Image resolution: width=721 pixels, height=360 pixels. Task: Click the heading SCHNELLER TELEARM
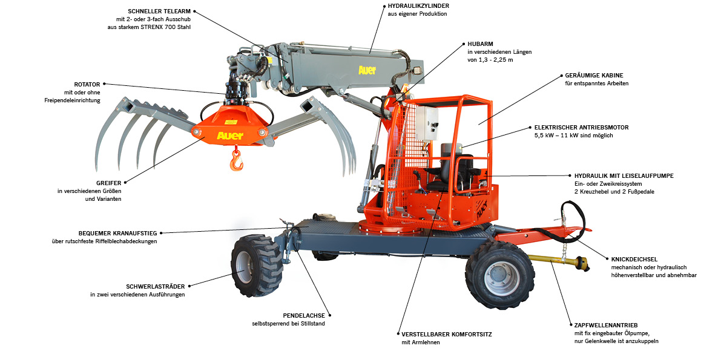[x=160, y=11]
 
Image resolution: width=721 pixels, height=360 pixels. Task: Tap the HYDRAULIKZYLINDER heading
[x=418, y=6]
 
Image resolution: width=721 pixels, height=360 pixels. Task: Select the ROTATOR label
[x=87, y=84]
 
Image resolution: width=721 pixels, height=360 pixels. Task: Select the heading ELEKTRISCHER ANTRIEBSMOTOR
[x=581, y=127]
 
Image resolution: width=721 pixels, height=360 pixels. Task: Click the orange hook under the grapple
[x=236, y=159]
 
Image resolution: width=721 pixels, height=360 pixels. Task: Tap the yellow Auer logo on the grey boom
[x=367, y=70]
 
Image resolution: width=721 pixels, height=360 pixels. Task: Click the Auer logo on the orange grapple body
[x=230, y=136]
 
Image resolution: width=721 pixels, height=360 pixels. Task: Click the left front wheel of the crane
[x=255, y=265]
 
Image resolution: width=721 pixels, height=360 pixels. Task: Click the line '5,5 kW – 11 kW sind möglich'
[x=573, y=136]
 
